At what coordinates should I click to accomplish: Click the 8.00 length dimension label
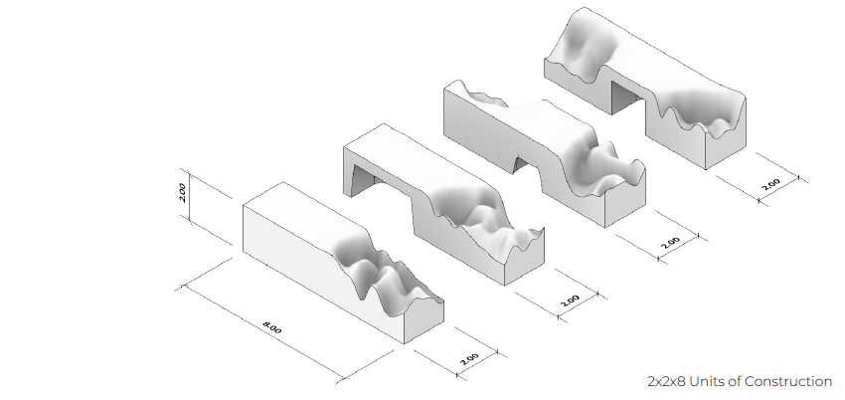[x=271, y=327]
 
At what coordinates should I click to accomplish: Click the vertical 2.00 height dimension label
[x=182, y=193]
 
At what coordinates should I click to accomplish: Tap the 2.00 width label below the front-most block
[x=470, y=358]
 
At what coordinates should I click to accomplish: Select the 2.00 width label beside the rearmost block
[x=771, y=184]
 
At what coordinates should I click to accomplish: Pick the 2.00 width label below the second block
[x=571, y=300]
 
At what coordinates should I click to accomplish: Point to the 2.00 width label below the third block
[x=671, y=242]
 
